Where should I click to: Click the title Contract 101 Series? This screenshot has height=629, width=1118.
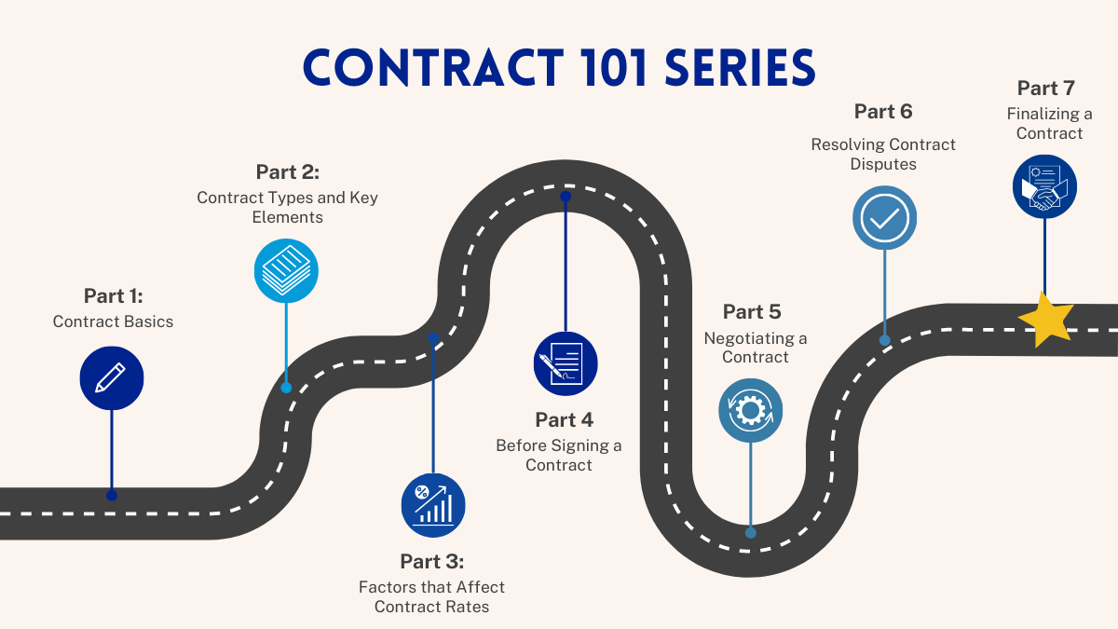(559, 69)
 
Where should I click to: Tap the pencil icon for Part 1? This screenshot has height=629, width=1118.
(112, 377)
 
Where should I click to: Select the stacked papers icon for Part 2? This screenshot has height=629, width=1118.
(286, 270)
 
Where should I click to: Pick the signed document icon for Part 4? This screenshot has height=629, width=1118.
(565, 363)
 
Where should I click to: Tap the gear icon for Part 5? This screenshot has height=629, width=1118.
(750, 410)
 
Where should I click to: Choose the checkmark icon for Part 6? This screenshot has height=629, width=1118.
(884, 218)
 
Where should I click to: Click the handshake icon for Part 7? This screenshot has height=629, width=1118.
(1044, 186)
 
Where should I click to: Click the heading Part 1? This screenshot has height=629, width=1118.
(113, 295)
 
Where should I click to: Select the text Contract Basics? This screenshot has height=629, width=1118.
(113, 321)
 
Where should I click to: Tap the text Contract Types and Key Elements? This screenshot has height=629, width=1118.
(287, 207)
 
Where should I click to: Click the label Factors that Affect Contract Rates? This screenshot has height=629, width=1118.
(431, 596)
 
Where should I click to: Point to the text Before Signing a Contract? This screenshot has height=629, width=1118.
(559, 455)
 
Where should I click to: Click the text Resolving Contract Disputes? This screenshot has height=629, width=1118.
(883, 154)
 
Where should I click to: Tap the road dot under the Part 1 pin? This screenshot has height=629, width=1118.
(112, 495)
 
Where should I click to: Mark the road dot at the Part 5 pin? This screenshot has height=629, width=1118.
(750, 533)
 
